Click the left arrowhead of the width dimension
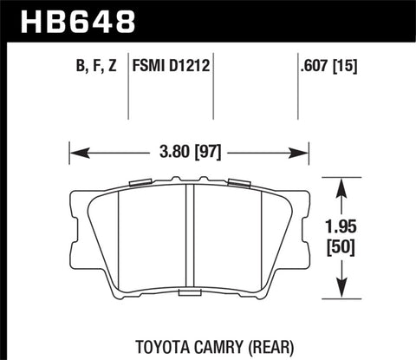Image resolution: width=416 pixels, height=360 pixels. tap(73, 154)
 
